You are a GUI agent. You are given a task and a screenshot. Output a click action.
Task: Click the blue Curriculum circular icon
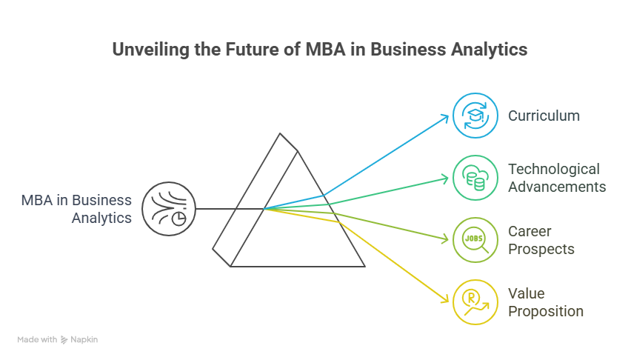coord(475,116)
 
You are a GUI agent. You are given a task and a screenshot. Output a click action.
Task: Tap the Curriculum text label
coord(544,116)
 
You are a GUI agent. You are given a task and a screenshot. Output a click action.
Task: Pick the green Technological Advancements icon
coord(475,178)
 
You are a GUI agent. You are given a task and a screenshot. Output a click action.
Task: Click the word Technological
coord(553,170)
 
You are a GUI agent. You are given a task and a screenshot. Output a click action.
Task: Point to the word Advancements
coord(557,187)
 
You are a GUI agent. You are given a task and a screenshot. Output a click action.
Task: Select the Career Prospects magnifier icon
coord(475,240)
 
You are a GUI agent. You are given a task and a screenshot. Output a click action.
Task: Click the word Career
coord(530,232)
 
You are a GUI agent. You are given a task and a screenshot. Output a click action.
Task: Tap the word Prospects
coord(541,249)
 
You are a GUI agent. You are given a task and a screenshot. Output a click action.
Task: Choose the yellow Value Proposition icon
coord(475,302)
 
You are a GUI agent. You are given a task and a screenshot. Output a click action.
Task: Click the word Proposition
coord(546,311)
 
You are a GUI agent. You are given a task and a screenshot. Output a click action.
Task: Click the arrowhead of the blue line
coord(447,116)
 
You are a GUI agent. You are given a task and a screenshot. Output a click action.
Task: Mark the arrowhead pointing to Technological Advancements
coord(447,178)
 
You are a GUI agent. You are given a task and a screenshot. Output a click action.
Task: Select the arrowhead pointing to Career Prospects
coord(447,239)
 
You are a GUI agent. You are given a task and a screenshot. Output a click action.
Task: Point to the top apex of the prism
coord(281,134)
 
